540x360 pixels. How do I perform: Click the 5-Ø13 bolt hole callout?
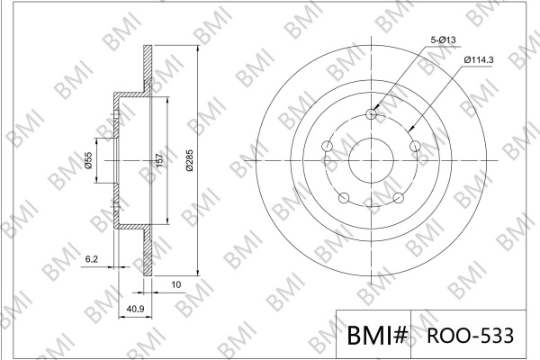(x=443, y=40)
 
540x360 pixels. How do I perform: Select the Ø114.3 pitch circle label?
(x=479, y=60)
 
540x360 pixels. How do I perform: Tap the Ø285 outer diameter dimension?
(x=190, y=160)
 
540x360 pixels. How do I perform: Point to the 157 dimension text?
(x=160, y=160)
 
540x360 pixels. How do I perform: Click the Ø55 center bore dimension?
(x=88, y=160)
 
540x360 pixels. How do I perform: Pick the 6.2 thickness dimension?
(x=92, y=259)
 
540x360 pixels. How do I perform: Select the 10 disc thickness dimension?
(x=176, y=284)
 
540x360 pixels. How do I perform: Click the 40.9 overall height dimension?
(x=135, y=309)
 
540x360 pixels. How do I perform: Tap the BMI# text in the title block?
(x=377, y=335)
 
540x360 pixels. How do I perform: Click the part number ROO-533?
(x=471, y=335)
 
